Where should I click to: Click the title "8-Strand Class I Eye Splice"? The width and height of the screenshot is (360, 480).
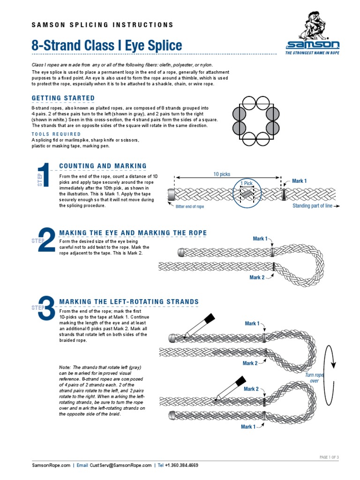tap(106, 45)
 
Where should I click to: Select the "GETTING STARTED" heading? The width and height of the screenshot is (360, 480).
tap(63, 98)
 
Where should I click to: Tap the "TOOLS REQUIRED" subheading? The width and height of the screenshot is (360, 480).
tap(56, 134)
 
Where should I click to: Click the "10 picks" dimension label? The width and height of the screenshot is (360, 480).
tap(222, 174)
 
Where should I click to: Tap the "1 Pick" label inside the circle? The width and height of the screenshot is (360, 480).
tap(247, 183)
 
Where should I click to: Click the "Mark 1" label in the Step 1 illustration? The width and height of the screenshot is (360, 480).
tap(299, 181)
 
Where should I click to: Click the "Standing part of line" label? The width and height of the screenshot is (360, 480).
tap(313, 206)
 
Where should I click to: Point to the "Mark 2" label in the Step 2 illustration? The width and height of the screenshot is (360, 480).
tap(257, 277)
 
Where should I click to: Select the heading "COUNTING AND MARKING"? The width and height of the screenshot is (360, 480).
tap(103, 166)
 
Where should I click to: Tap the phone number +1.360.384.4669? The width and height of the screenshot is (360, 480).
tap(181, 465)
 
